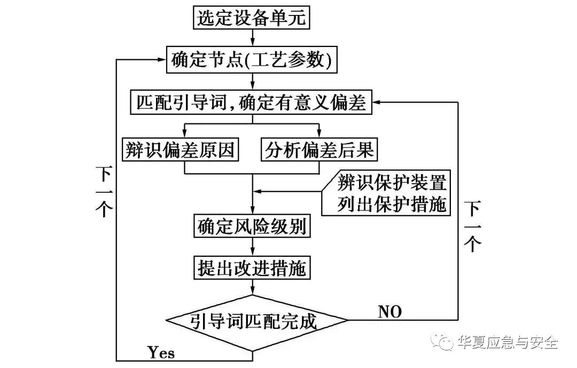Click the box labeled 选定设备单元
tap(252, 18)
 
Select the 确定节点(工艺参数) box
tap(252, 60)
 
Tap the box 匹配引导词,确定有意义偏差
tap(251, 101)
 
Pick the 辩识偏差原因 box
tap(181, 150)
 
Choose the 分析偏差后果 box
tap(319, 150)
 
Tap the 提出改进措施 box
tap(252, 267)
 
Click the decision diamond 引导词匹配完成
tap(256, 322)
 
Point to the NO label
tap(389, 311)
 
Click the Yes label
tap(161, 353)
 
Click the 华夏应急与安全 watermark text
tap(507, 342)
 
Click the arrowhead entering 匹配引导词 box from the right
tap(376, 101)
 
